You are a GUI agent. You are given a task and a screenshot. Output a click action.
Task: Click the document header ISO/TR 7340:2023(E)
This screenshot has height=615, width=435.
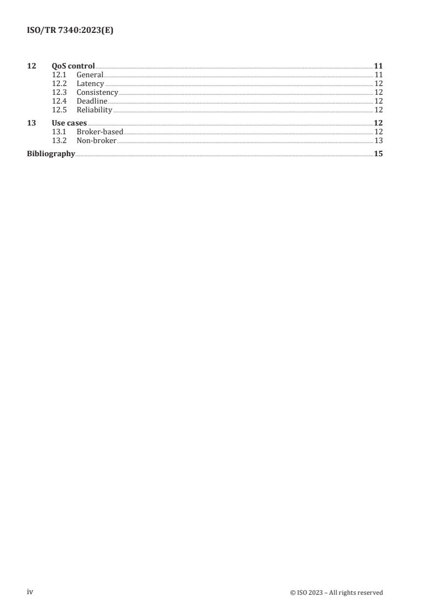click(x=70, y=31)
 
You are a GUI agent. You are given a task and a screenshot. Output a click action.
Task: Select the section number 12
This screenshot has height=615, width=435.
click(x=31, y=66)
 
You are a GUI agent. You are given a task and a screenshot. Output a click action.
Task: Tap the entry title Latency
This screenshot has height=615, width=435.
click(x=90, y=84)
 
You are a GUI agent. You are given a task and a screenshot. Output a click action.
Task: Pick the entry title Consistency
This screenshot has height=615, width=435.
click(x=97, y=93)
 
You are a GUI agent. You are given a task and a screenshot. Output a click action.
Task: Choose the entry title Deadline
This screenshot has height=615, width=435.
click(x=92, y=101)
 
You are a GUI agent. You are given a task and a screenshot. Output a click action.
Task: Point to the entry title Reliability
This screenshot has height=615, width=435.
click(x=94, y=110)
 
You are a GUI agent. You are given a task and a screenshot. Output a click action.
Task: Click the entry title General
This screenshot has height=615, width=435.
click(x=90, y=75)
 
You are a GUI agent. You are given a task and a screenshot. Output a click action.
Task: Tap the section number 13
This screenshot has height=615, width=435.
click(x=31, y=123)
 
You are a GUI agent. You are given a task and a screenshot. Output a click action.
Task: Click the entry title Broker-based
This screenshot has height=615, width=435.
click(x=100, y=132)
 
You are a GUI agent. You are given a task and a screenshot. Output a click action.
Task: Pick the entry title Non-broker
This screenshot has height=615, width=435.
click(x=96, y=141)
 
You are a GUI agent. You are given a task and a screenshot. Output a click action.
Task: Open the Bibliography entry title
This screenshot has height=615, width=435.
click(x=51, y=154)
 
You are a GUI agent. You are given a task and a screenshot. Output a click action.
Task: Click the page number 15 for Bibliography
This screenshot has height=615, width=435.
click(x=378, y=154)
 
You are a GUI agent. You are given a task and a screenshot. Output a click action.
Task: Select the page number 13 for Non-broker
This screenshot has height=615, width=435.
click(x=378, y=141)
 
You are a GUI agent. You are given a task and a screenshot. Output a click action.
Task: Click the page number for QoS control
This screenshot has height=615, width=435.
click(x=378, y=66)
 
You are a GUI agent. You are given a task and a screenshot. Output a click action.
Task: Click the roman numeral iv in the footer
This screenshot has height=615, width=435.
click(x=30, y=592)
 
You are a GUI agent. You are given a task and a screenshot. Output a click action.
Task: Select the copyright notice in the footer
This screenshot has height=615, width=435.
click(x=336, y=593)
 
